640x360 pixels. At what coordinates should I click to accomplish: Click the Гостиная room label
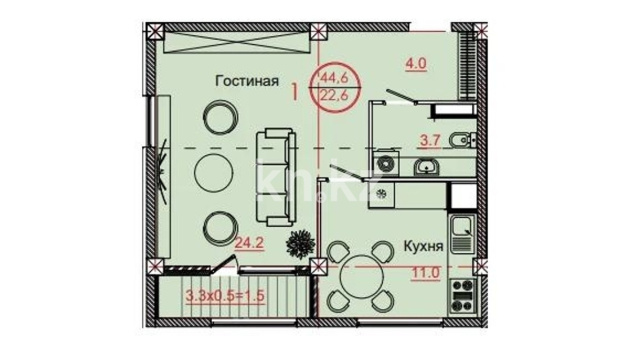point(247,81)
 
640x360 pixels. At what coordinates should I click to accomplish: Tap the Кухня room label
point(423,246)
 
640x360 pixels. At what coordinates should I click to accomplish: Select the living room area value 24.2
point(249,243)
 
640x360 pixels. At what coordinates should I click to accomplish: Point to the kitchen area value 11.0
point(425,272)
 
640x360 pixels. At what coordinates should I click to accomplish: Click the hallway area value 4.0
point(416,64)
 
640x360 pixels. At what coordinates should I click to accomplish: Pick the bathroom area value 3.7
point(430,140)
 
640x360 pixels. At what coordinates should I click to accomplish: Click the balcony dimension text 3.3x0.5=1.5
point(225,295)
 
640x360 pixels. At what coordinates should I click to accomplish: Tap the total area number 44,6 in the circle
point(335,76)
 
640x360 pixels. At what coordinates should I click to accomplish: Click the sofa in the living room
point(276,177)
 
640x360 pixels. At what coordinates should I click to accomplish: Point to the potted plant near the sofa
point(301,244)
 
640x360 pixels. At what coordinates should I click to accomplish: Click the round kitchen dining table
point(361,275)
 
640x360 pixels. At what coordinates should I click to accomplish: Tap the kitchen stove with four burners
point(463,296)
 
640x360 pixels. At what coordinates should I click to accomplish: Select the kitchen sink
point(462,232)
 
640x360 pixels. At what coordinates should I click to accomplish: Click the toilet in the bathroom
point(463,140)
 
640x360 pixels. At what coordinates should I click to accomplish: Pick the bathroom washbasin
point(427,167)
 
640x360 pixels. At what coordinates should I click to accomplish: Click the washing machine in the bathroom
point(385,164)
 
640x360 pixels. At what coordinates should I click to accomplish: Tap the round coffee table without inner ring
point(214,173)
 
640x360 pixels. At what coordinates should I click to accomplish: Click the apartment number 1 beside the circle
point(294,92)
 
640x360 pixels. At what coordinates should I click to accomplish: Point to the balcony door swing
point(224,263)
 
